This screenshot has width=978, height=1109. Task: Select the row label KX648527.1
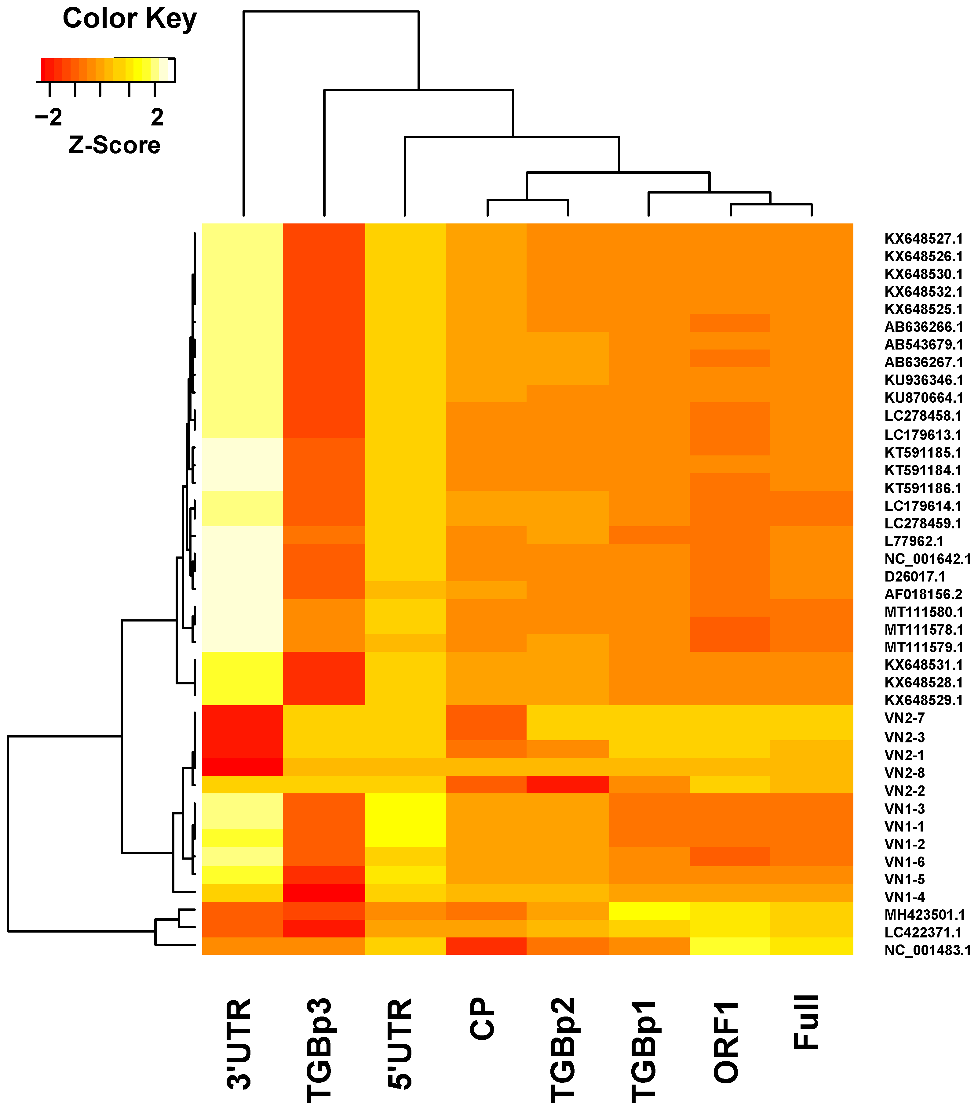[923, 239]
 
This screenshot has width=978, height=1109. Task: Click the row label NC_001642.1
[927, 559]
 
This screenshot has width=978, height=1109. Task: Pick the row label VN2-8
[904, 773]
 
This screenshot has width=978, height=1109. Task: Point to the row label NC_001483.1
[927, 950]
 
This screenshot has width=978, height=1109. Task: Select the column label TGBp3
[320, 1050]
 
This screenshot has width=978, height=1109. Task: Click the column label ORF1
[726, 1042]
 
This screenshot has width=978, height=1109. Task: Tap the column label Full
[806, 1022]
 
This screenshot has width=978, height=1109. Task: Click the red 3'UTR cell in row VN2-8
[243, 767]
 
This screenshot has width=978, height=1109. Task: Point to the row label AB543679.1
[923, 345]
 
